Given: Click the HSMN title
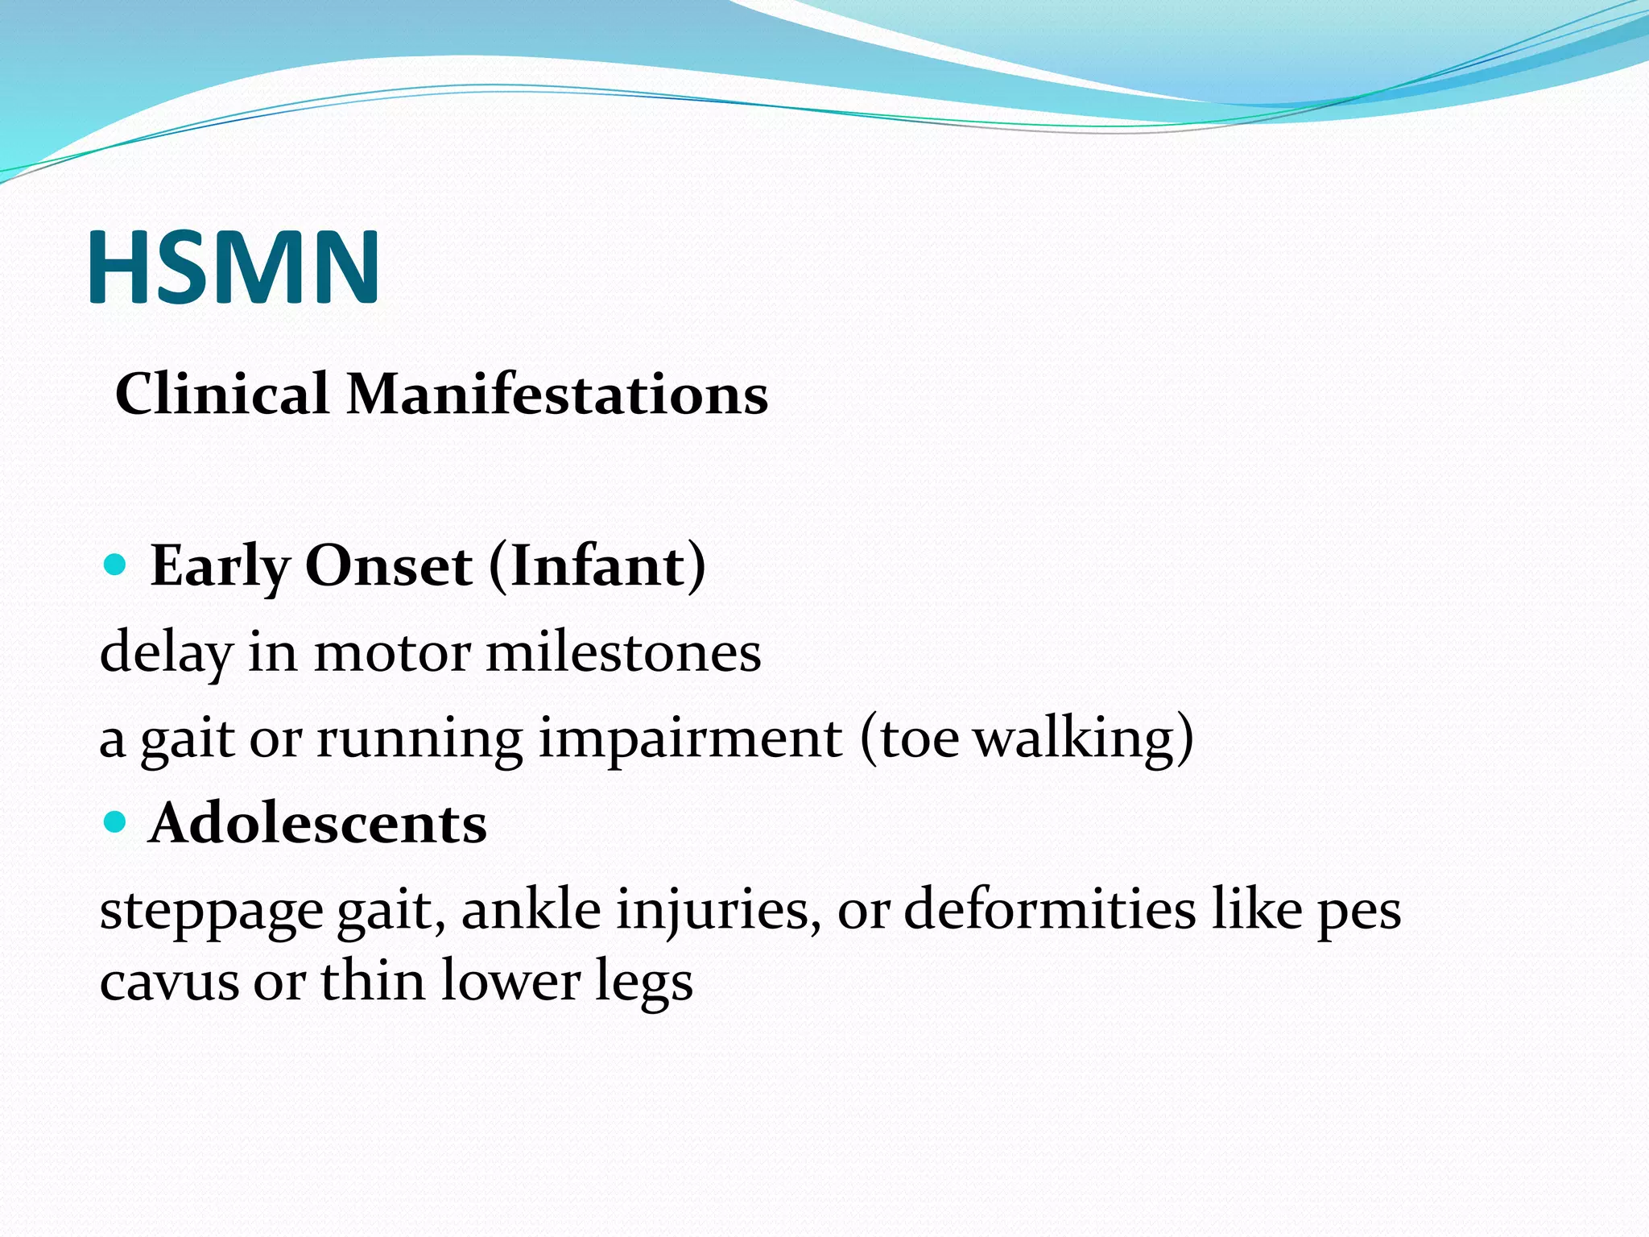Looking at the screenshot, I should point(234,267).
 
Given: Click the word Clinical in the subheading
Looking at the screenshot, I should point(221,395).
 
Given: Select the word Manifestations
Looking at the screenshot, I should point(557,395).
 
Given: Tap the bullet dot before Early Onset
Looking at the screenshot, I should point(117,565).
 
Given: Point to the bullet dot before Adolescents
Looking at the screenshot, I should point(117,822).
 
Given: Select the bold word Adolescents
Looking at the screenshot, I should point(318,824).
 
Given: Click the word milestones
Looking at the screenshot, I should point(623,652).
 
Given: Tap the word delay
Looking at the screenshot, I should point(165,654).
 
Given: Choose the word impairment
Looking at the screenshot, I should point(690,738).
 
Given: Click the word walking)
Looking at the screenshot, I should point(1084,738).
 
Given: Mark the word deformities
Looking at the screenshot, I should point(1050,910).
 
